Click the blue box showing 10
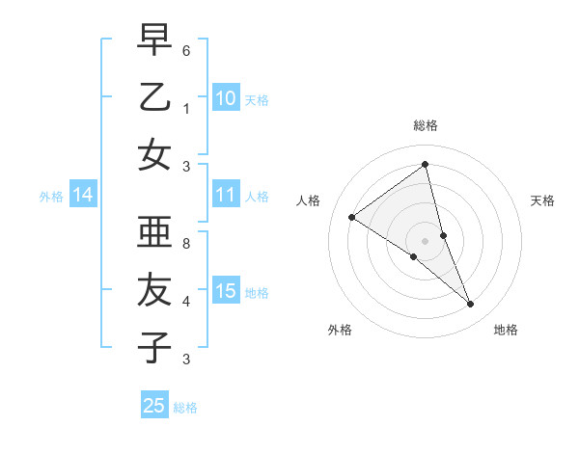tap(226, 97)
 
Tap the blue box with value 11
tap(226, 195)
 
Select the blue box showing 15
tap(226, 291)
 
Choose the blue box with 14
tap(83, 196)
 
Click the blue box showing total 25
tap(154, 406)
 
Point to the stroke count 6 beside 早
tap(186, 50)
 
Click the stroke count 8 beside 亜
tap(186, 244)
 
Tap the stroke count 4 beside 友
tap(186, 302)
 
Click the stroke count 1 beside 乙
tap(186, 108)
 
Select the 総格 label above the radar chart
tap(425, 125)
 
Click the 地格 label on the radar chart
tap(506, 330)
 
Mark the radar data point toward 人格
tap(352, 217)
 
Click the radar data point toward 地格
tap(471, 305)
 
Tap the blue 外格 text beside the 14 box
tap(51, 197)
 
